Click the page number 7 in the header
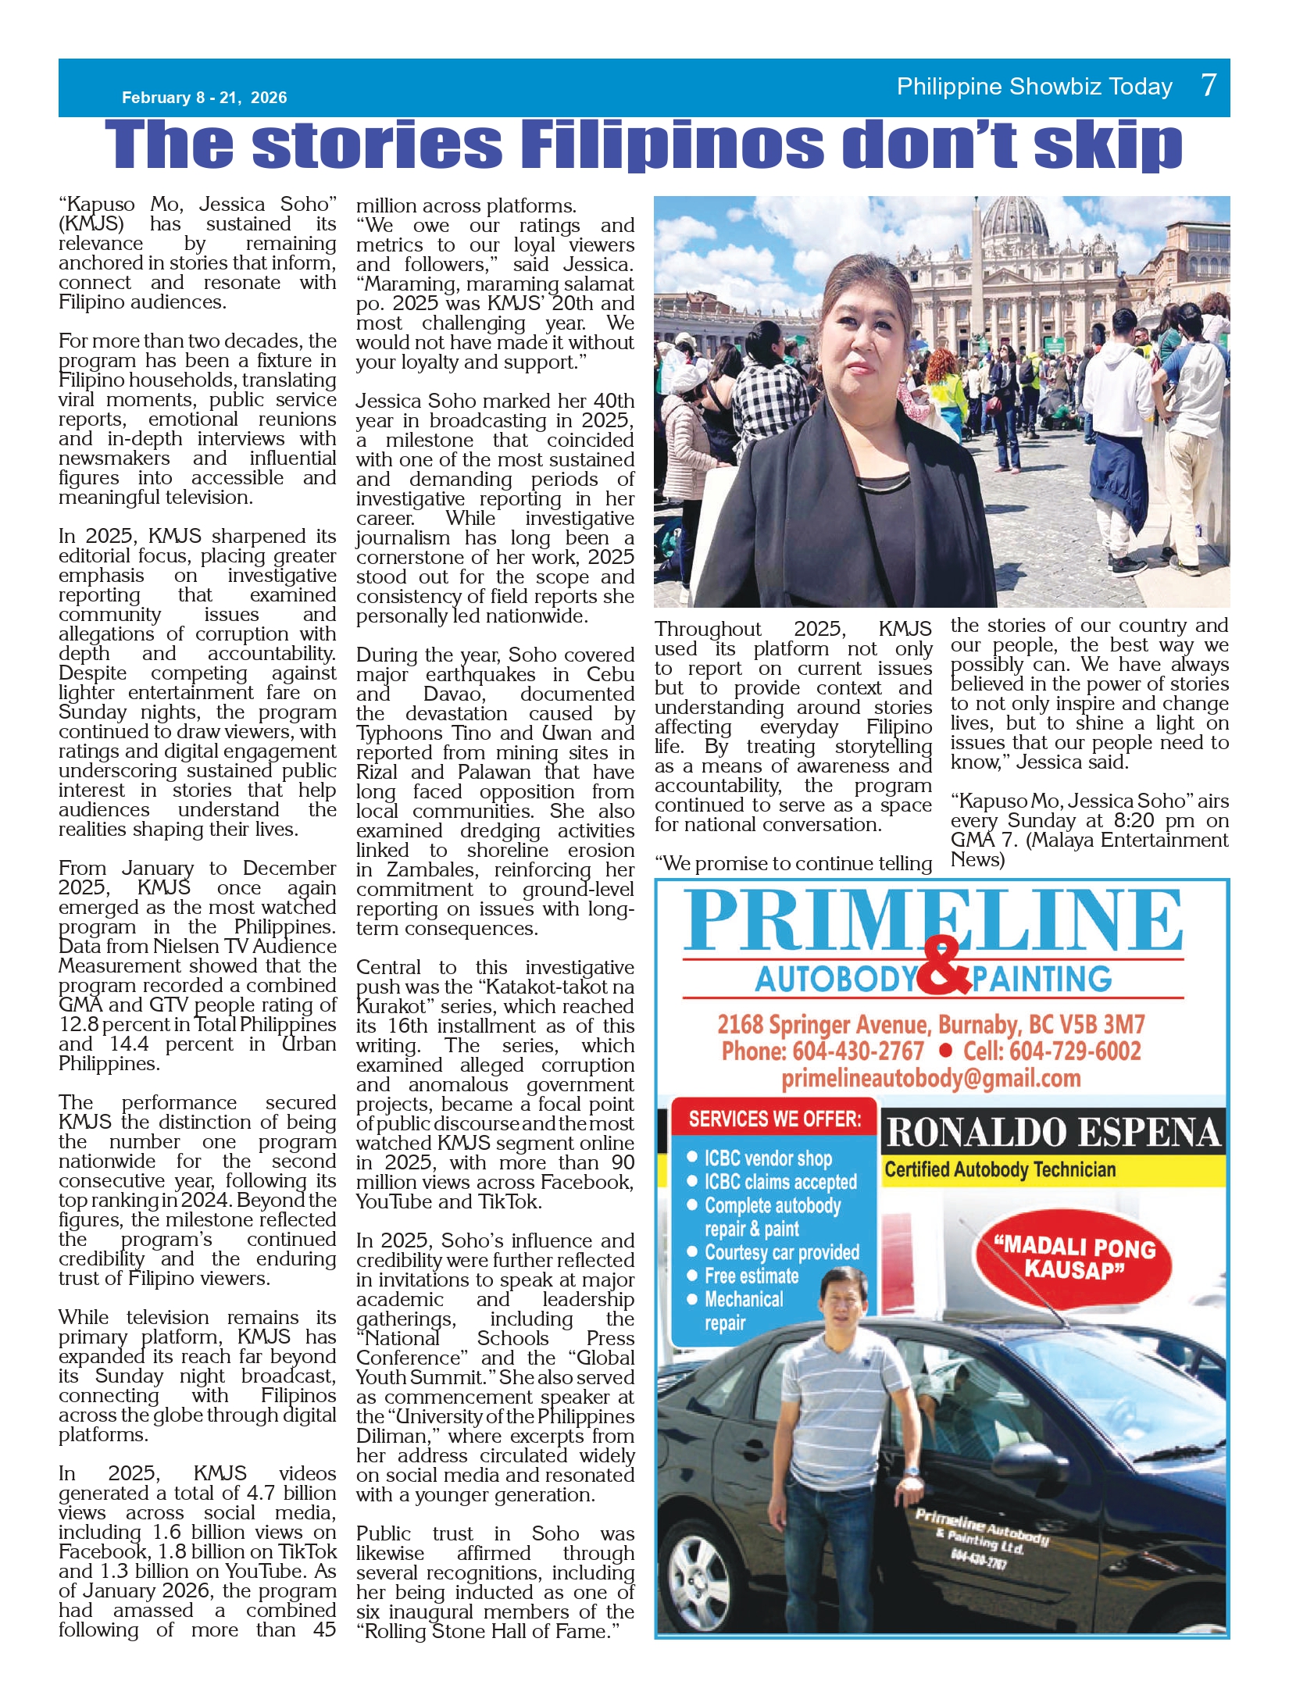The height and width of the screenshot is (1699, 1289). (1209, 84)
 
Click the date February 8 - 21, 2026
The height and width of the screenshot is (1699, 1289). (204, 98)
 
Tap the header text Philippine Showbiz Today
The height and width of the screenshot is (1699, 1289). (1034, 86)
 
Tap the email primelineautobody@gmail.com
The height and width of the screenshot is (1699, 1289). (930, 1079)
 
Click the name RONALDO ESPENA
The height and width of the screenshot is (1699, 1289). (1053, 1133)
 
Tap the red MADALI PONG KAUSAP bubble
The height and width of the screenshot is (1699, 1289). (1075, 1257)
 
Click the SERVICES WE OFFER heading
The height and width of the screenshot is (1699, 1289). (774, 1119)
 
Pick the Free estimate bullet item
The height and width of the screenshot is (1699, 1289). (751, 1276)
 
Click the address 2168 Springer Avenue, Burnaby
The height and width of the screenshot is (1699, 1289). (930, 1024)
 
